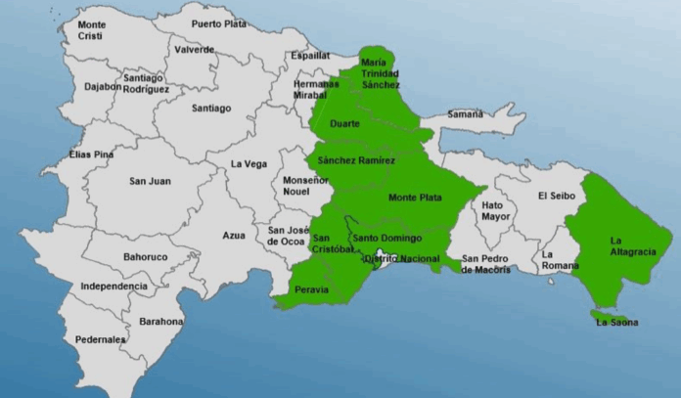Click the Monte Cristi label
pyautogui.click(x=91, y=29)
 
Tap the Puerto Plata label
pyautogui.click(x=219, y=23)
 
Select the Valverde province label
pyautogui.click(x=194, y=50)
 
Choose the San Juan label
pyautogui.click(x=150, y=181)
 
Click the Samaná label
pyautogui.click(x=466, y=114)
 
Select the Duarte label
pyautogui.click(x=345, y=124)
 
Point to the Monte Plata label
pyautogui.click(x=415, y=198)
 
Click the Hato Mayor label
pyautogui.click(x=493, y=211)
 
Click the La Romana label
pyautogui.click(x=555, y=260)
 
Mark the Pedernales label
pyautogui.click(x=100, y=339)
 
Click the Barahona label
pyautogui.click(x=161, y=321)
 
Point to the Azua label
pyautogui.click(x=234, y=236)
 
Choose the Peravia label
pyautogui.click(x=312, y=290)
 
